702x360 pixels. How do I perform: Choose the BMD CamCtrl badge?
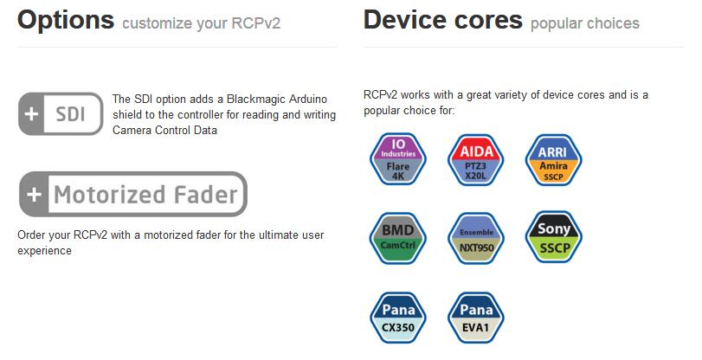(x=398, y=236)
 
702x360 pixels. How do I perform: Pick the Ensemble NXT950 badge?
(x=476, y=236)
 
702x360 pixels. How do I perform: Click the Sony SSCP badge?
(x=554, y=236)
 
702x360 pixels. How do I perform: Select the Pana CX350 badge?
(x=398, y=318)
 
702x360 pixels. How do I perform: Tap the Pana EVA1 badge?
(x=476, y=318)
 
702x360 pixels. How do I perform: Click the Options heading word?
(x=66, y=20)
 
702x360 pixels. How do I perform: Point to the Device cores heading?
(x=442, y=20)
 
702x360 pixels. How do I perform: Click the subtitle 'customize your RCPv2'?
(x=201, y=23)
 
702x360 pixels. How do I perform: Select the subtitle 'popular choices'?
(x=584, y=23)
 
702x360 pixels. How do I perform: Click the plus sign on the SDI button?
(x=31, y=114)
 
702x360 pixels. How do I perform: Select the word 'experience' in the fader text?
(x=44, y=251)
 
